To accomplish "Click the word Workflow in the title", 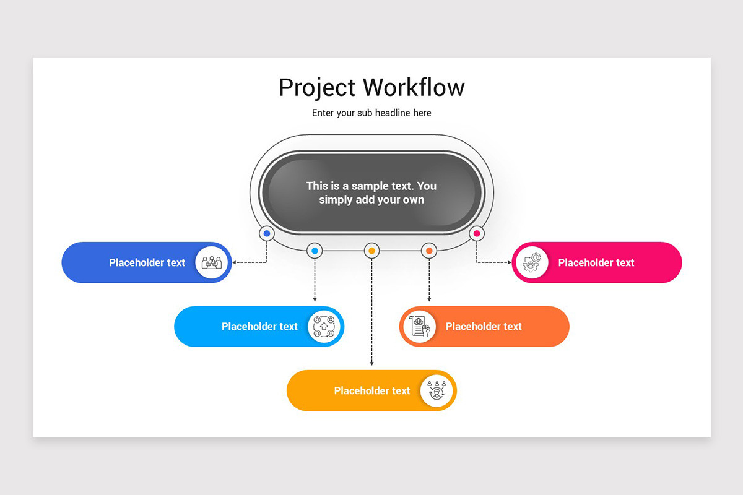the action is [414, 87].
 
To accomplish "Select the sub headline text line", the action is [371, 113].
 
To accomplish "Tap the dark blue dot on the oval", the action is [267, 234].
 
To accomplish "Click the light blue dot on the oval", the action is [315, 251].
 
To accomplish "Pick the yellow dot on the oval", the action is [372, 251].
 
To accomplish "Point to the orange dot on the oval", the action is [429, 251].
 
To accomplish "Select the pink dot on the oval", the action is [477, 233].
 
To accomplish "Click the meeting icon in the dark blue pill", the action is [212, 262].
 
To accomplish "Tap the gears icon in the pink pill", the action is [532, 262].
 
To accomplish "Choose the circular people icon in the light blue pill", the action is [324, 326].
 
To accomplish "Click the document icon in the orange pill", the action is [420, 326].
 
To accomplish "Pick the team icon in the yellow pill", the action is [437, 390].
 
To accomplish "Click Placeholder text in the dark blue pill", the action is [147, 262].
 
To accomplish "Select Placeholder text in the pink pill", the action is [596, 262].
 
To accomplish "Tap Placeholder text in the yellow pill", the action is [372, 390].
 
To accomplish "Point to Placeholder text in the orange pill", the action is [484, 327].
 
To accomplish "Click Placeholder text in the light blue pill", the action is [259, 327].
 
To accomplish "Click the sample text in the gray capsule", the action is [371, 192].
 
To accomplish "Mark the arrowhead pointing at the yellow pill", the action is [372, 363].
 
